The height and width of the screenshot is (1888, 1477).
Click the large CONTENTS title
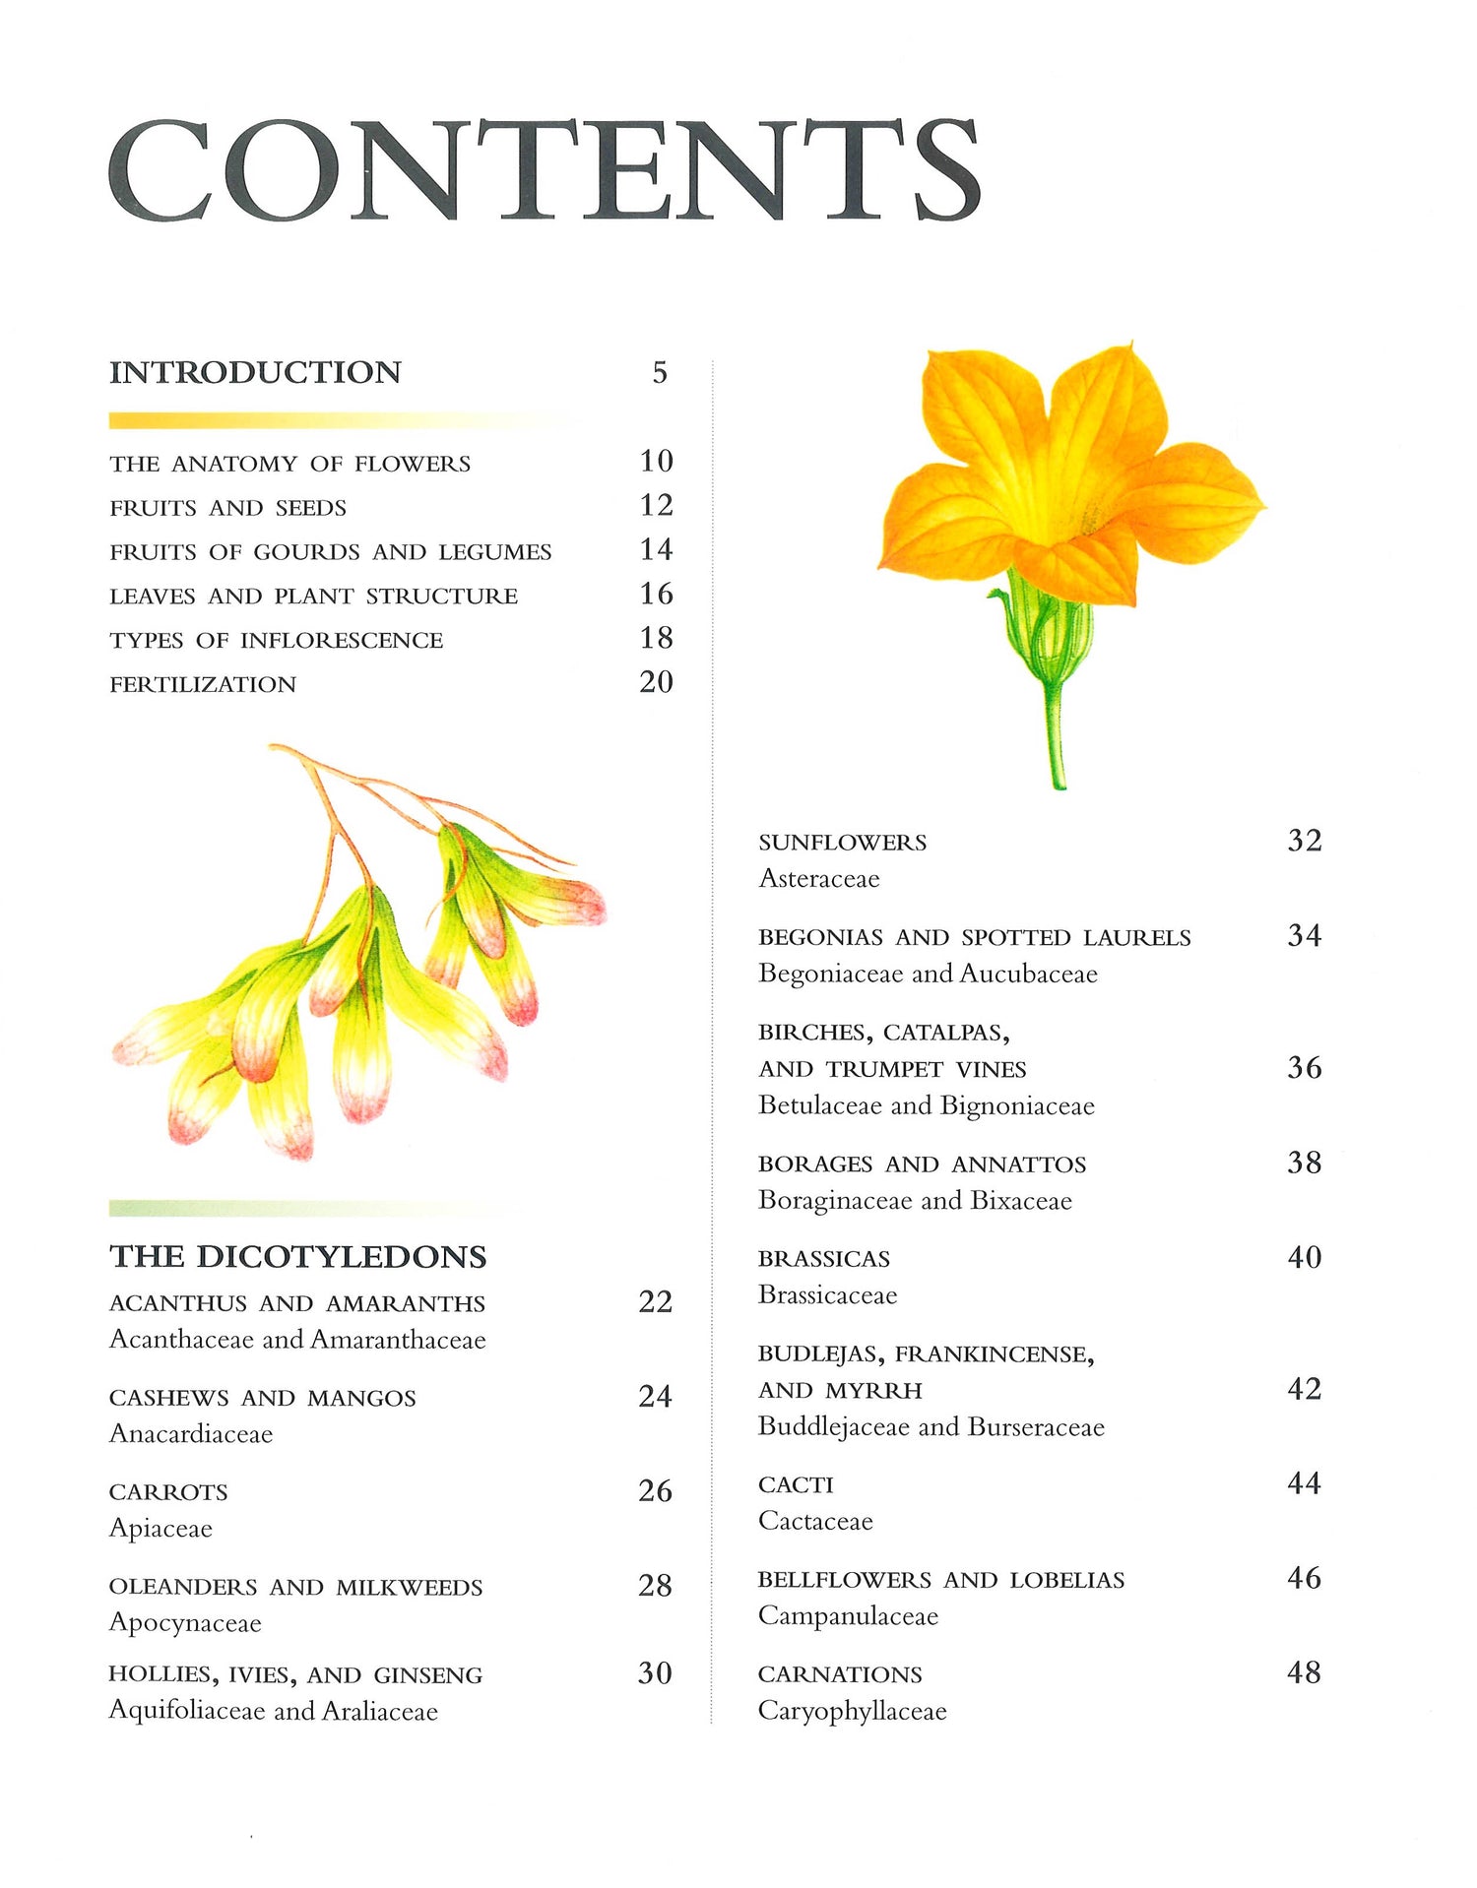click(x=544, y=169)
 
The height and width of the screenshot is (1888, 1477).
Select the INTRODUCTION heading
click(x=255, y=372)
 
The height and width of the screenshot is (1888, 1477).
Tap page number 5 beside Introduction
click(x=660, y=372)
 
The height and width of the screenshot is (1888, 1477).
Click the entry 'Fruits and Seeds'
click(x=227, y=508)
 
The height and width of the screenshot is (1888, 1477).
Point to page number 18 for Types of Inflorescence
click(x=656, y=638)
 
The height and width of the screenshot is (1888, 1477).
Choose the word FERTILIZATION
click(x=203, y=684)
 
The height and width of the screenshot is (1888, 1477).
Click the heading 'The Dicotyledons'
click(x=297, y=1256)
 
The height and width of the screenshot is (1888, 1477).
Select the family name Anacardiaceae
click(x=191, y=1433)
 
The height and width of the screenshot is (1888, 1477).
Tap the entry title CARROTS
click(x=168, y=1492)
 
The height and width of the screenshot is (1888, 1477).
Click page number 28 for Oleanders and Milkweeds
click(x=655, y=1585)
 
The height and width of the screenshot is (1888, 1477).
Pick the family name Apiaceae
click(x=161, y=1528)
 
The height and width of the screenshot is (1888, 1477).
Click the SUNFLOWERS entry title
click(x=842, y=843)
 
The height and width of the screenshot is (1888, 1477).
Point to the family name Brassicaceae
click(x=827, y=1294)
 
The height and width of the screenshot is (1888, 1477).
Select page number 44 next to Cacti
click(x=1304, y=1482)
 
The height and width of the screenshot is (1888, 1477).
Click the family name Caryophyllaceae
click(x=852, y=1711)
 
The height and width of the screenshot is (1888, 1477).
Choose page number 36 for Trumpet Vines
click(x=1304, y=1067)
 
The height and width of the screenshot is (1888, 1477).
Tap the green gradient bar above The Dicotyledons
click(x=305, y=1208)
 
